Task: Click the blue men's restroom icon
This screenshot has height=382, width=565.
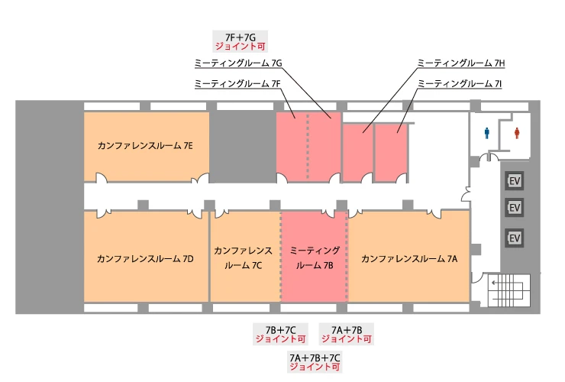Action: (x=488, y=132)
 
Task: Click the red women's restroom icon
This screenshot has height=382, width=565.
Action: (x=518, y=132)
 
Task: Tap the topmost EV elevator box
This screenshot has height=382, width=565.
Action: (x=515, y=181)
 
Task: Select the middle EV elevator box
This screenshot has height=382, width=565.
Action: (x=515, y=208)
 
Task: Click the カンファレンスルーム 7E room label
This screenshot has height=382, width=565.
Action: (x=145, y=144)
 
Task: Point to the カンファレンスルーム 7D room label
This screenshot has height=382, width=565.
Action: (x=145, y=259)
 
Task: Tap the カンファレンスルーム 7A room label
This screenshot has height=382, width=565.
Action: (x=409, y=259)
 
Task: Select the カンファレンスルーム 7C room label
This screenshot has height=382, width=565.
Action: (x=244, y=258)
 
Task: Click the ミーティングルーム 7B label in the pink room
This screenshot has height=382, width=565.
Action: (x=315, y=258)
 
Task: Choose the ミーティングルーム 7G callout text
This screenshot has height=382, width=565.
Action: (x=239, y=63)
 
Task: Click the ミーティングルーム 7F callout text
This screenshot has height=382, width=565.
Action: (x=238, y=83)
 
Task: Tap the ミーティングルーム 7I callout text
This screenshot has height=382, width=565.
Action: (x=461, y=83)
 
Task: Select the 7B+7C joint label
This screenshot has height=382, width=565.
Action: (x=280, y=333)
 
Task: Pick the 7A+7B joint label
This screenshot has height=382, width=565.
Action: (x=347, y=333)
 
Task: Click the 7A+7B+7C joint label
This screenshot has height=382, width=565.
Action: (x=315, y=362)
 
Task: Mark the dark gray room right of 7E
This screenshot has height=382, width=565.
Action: (x=242, y=145)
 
